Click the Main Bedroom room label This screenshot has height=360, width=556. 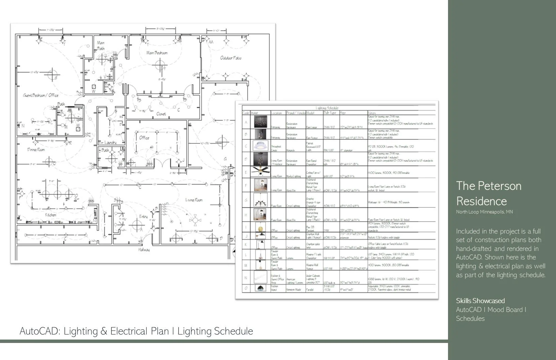coord(157,53)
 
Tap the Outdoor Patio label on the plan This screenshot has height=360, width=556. coord(231,58)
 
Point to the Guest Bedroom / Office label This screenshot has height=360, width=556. coord(41,95)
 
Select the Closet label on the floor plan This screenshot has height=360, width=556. coord(161,114)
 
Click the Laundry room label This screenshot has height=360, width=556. coord(110,142)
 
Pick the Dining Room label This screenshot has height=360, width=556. coord(36,150)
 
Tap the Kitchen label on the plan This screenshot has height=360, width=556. coord(50,215)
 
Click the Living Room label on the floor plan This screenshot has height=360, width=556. coord(194,200)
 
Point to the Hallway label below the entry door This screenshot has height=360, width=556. coord(144,250)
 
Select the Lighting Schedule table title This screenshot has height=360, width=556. coord(327,108)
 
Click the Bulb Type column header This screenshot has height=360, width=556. coord(330,113)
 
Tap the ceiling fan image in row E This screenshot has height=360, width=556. coord(261,171)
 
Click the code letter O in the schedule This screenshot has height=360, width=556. coord(246,288)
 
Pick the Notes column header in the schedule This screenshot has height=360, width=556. coord(372,113)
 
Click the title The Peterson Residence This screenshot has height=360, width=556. coord(489,193)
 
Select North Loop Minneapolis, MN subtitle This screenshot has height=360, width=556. coord(484,212)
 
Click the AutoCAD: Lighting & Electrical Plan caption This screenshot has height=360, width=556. coord(136,331)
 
